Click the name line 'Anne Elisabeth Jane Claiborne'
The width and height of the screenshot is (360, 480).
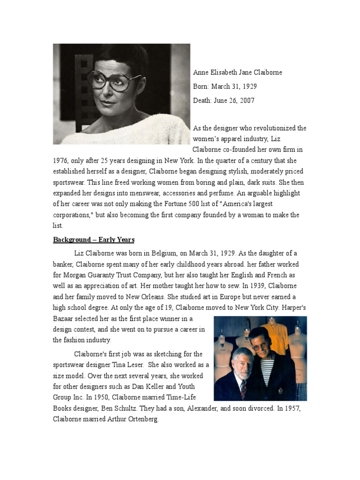point(238,73)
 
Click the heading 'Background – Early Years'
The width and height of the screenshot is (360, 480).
point(94,240)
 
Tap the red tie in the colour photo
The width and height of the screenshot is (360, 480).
point(243,388)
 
